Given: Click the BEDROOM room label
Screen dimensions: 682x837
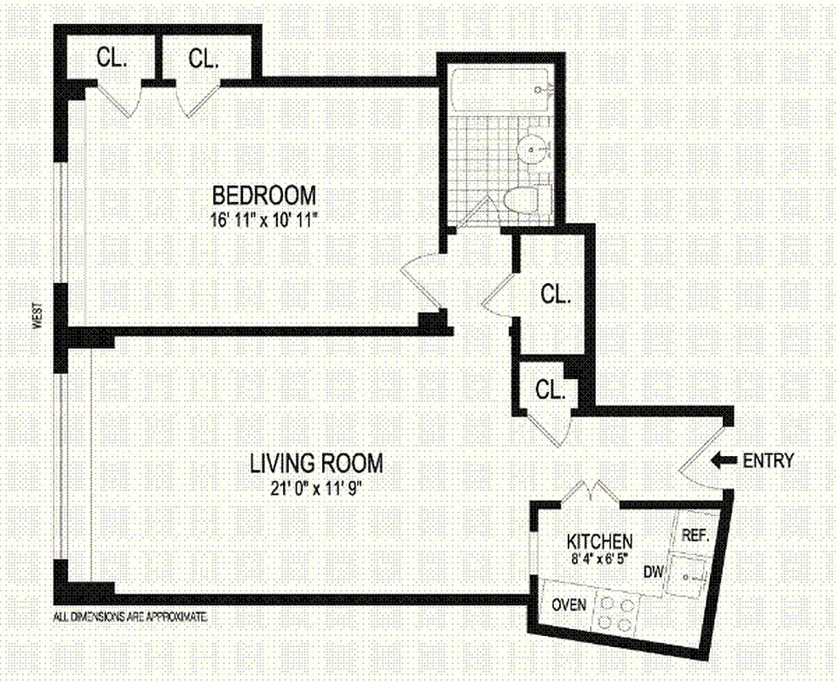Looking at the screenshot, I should click(264, 194).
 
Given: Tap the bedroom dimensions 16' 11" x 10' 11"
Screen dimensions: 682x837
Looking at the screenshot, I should click(264, 218).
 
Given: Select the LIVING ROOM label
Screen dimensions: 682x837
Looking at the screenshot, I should click(316, 464).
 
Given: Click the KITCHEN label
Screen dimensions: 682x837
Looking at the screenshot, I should click(600, 541).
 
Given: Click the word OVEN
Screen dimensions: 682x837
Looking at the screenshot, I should click(569, 604).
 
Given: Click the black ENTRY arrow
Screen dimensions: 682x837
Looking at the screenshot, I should click(724, 461).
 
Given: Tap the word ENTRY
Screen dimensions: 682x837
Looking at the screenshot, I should click(768, 461).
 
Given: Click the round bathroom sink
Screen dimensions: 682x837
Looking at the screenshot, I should click(533, 151).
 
